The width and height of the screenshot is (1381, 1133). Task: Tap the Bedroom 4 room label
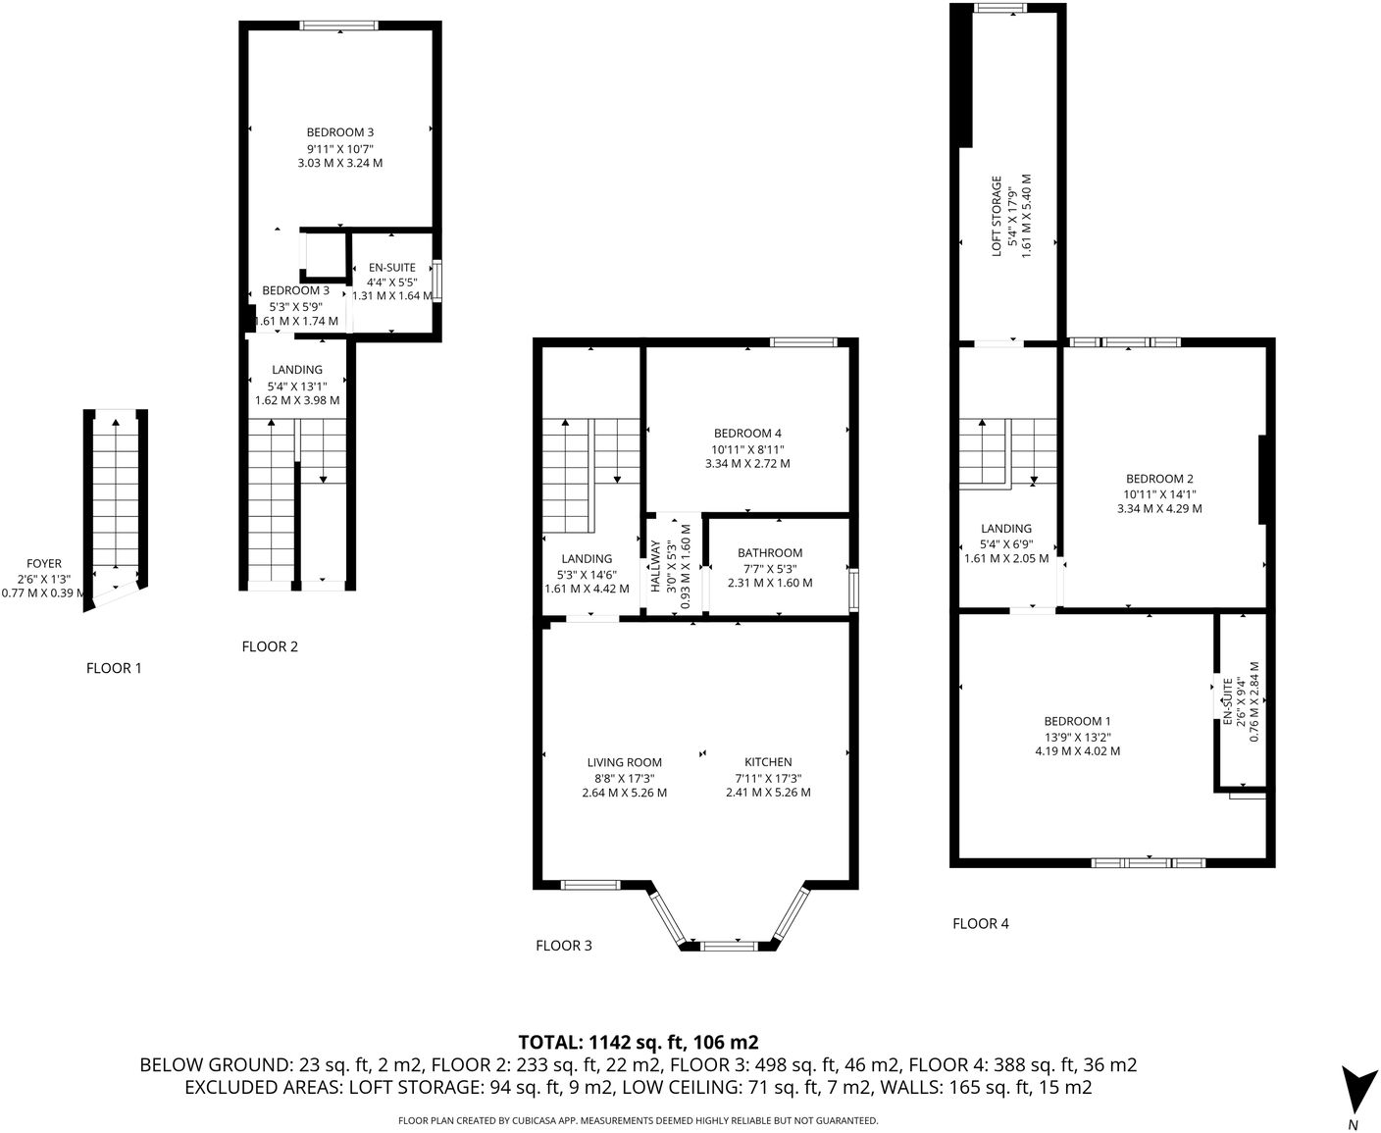click(747, 434)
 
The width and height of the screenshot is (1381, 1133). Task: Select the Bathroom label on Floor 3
click(770, 553)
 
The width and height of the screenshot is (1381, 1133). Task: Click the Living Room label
click(624, 762)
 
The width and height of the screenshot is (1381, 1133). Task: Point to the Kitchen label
click(768, 762)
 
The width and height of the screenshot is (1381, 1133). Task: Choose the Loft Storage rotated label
click(997, 217)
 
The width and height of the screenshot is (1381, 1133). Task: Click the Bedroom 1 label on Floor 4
click(1077, 721)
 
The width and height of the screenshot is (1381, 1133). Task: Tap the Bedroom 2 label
click(1159, 479)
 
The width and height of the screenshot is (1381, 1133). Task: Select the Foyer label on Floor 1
click(44, 564)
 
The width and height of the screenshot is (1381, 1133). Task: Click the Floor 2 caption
click(270, 646)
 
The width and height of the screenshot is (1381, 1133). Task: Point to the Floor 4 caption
click(981, 923)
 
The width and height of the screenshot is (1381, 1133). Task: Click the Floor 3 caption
click(564, 946)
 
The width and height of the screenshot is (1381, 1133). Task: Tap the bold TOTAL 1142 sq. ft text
click(638, 1042)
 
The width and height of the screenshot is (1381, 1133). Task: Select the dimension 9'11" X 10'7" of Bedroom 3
click(339, 148)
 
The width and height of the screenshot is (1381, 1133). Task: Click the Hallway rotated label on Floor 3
click(655, 566)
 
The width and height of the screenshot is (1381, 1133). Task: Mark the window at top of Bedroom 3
click(338, 26)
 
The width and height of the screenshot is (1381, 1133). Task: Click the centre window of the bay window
click(729, 946)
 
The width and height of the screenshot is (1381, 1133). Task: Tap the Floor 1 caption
click(114, 668)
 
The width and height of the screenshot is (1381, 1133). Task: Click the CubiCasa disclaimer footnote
click(638, 1120)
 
